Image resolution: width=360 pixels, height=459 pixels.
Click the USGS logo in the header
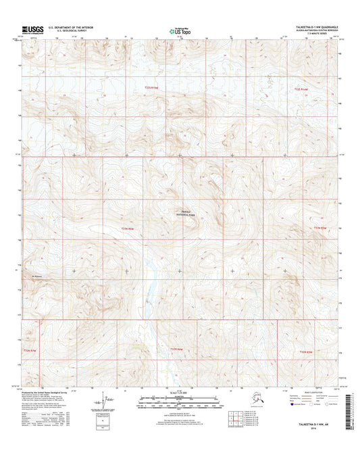point(33,29)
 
